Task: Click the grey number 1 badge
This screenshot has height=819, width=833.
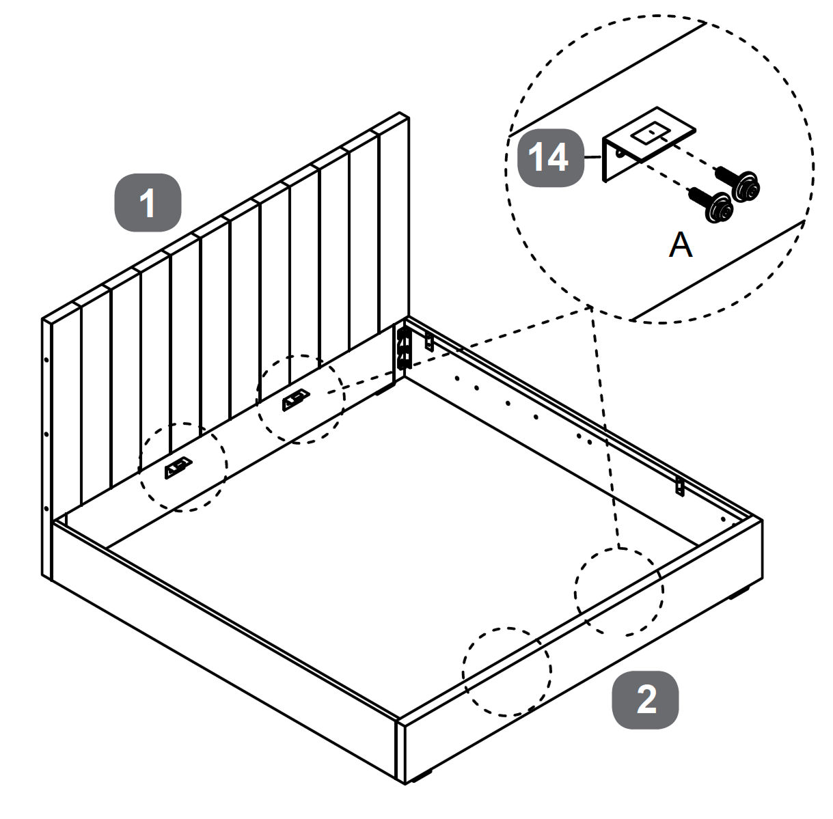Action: pyautogui.click(x=147, y=204)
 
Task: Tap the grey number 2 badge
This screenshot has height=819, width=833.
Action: pyautogui.click(x=645, y=699)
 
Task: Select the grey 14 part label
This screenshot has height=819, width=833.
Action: pyautogui.click(x=550, y=158)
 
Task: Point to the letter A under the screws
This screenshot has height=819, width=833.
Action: pyautogui.click(x=680, y=245)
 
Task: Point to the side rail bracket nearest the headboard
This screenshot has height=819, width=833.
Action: pyautogui.click(x=430, y=341)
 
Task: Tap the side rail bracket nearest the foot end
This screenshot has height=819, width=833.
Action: pyautogui.click(x=680, y=486)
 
